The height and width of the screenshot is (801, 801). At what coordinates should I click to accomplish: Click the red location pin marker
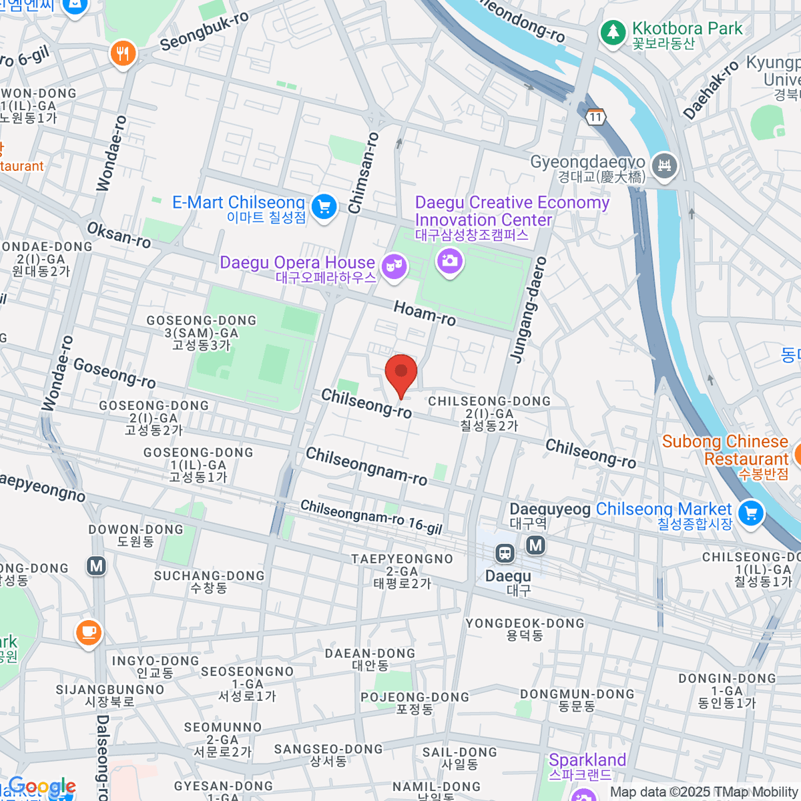(401, 372)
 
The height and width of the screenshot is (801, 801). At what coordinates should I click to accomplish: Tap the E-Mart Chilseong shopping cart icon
(324, 206)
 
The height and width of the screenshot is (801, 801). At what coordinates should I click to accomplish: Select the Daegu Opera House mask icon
(394, 266)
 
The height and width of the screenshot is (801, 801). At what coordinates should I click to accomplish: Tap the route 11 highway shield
(595, 117)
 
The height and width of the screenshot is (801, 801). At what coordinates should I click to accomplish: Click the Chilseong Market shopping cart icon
(751, 513)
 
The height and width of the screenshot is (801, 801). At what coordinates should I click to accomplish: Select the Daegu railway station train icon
(505, 553)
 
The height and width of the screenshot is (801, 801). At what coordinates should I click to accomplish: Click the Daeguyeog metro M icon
(535, 545)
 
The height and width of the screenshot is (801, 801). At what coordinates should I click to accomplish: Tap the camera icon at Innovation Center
(449, 260)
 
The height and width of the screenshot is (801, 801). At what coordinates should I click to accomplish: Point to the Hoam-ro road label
(425, 313)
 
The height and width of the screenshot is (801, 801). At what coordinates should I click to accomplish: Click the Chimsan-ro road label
(364, 173)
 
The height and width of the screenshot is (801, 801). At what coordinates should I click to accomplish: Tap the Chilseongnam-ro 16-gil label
(371, 517)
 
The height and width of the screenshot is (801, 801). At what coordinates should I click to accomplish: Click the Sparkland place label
(587, 760)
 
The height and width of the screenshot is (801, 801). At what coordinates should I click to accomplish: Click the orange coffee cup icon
(88, 631)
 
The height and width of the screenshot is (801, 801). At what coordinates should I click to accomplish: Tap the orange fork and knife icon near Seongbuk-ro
(122, 53)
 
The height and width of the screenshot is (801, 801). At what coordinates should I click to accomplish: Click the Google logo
(41, 787)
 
